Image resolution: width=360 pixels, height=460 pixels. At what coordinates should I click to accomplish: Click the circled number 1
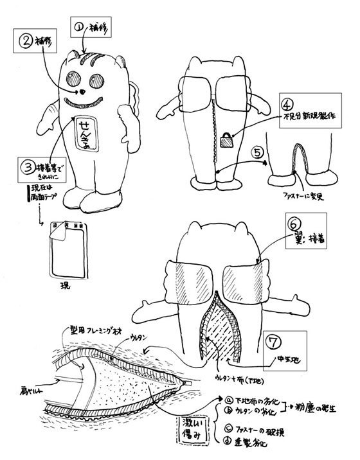point(80,28)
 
